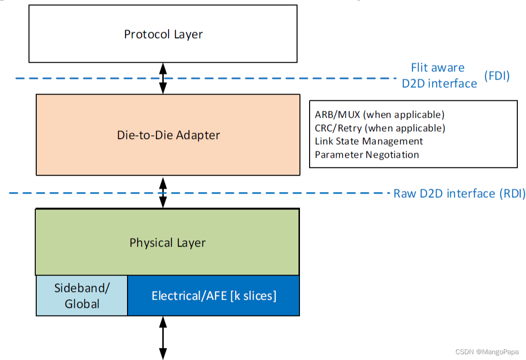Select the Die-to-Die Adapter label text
tap(168, 135)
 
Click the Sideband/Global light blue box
tap(82, 296)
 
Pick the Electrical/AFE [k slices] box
tap(213, 295)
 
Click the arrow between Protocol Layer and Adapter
tap(163, 78)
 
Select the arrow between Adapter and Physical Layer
tap(163, 193)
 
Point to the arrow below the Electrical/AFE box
tap(163, 337)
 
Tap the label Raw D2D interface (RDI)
tap(459, 194)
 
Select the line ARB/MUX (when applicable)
tap(380, 115)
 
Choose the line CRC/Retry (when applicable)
tap(380, 128)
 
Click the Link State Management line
tap(369, 141)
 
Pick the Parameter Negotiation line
tap(367, 154)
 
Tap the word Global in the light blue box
tap(82, 304)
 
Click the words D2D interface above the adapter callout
tap(439, 83)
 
